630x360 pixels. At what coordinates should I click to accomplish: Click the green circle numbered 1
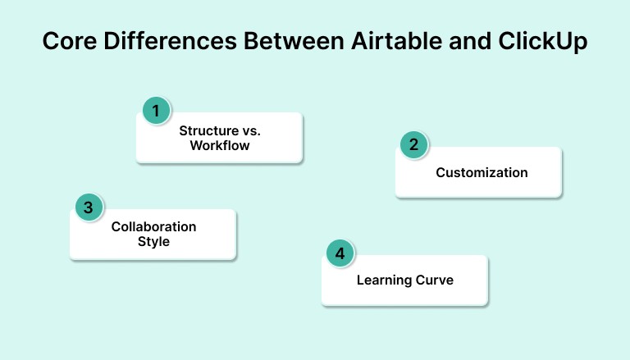[156, 110]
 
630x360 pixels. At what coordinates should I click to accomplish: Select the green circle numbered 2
[414, 145]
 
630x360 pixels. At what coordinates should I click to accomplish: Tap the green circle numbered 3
[89, 207]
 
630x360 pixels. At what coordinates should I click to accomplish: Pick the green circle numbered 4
[340, 253]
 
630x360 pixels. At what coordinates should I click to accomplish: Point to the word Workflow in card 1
[219, 145]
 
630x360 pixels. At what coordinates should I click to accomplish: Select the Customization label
[482, 172]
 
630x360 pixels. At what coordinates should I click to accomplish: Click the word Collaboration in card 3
[153, 226]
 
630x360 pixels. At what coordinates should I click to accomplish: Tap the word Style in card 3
[153, 241]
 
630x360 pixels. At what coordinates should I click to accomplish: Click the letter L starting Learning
[360, 280]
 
